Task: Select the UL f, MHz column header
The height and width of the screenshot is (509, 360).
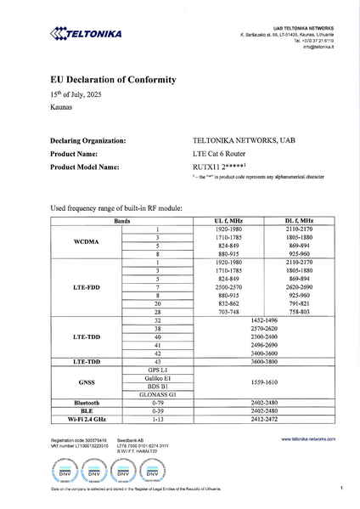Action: click(x=231, y=221)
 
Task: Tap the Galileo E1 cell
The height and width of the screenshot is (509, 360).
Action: click(x=158, y=376)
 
